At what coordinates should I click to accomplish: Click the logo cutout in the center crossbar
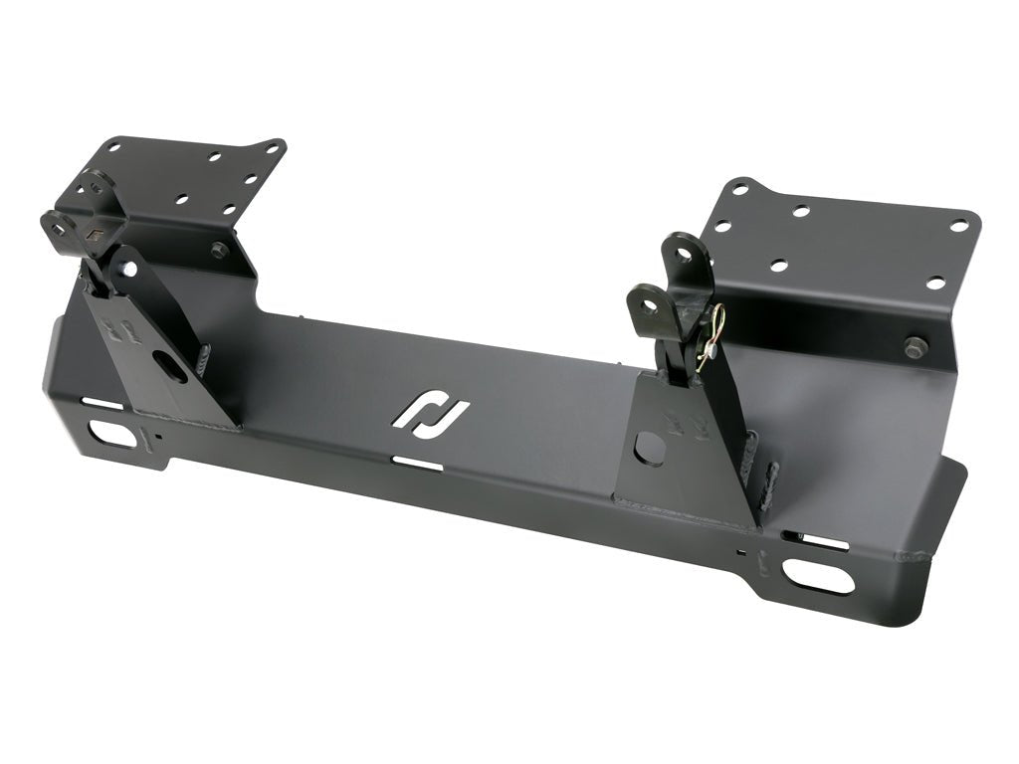[431, 411]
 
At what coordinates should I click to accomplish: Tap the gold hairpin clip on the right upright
[712, 338]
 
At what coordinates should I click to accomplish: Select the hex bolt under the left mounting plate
[218, 249]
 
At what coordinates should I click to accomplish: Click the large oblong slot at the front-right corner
[819, 575]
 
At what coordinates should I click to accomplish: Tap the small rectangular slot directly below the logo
[418, 463]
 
